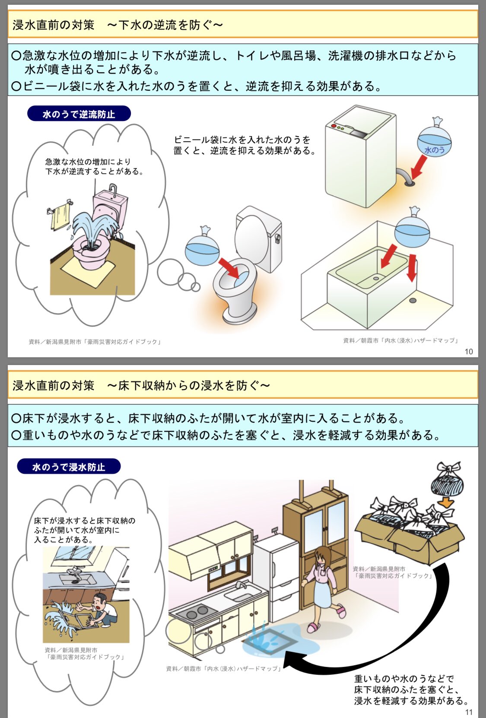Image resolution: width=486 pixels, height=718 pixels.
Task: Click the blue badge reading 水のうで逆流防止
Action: tap(79, 114)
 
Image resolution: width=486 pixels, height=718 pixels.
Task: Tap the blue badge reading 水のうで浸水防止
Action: tap(69, 467)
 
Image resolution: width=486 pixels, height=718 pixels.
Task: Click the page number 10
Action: tap(468, 352)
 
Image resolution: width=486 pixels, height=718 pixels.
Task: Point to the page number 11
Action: tap(469, 712)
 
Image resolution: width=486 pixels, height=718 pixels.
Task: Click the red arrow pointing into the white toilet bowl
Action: tap(229, 268)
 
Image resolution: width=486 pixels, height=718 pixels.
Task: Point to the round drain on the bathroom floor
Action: tap(413, 300)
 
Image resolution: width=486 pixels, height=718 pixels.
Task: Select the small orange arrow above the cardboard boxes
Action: tap(446, 503)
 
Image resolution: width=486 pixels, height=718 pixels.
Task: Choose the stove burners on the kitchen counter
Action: tap(196, 612)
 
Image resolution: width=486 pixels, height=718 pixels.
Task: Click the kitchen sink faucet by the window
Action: tap(241, 585)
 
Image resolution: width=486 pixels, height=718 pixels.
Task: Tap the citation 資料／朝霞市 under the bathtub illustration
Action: tap(400, 340)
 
